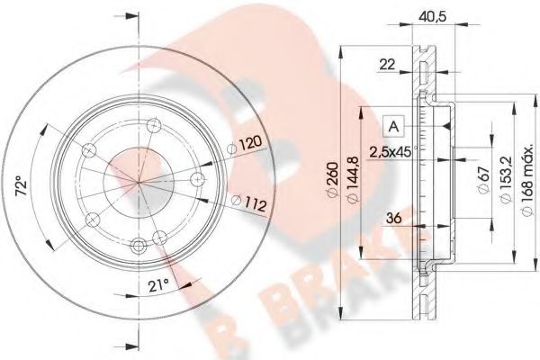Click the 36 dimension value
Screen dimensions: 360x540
(x=391, y=216)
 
